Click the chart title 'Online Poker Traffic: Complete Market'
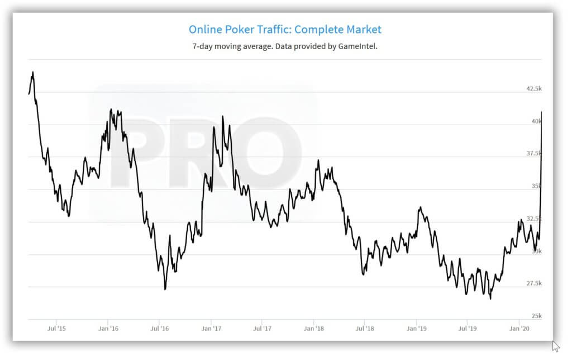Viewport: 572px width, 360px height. (x=285, y=29)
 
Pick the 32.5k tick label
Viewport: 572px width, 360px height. (x=534, y=219)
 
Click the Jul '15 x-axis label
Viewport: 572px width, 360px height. (x=57, y=329)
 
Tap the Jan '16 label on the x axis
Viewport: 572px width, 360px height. (x=108, y=329)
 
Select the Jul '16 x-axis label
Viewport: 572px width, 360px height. (x=160, y=329)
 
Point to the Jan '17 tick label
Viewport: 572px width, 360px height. (x=211, y=329)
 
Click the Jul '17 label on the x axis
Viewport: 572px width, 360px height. (x=263, y=329)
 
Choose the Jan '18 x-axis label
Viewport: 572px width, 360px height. (x=314, y=329)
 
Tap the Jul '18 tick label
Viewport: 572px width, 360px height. (x=365, y=329)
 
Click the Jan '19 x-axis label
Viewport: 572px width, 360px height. (x=417, y=329)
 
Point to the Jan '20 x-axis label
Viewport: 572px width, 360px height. (x=520, y=329)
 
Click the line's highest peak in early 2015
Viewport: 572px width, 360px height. (x=33, y=72)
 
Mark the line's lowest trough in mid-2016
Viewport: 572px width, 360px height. (x=165, y=289)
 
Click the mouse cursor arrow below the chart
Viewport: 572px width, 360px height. (x=555, y=346)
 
